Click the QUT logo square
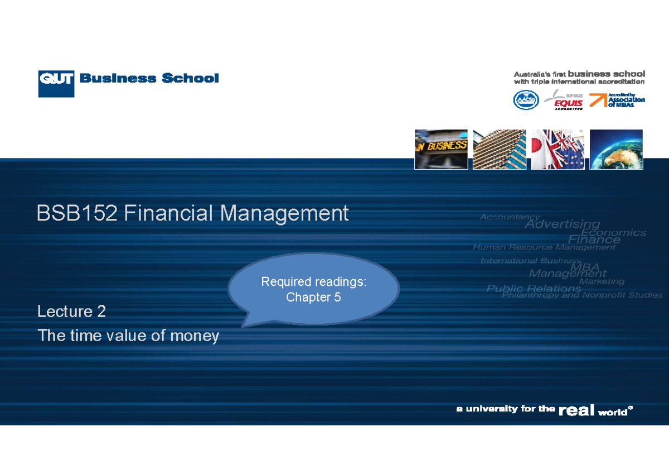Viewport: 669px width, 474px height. [56, 84]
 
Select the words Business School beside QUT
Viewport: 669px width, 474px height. [149, 78]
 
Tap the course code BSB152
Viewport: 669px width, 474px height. [77, 213]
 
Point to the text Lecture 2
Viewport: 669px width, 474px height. [71, 311]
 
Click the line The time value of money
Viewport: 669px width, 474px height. [128, 336]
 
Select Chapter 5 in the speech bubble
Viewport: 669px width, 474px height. [313, 298]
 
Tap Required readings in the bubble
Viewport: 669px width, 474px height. [314, 283]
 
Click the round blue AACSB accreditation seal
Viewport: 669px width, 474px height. [526, 100]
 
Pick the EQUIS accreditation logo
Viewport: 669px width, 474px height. [567, 100]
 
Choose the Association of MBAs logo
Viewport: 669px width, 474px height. [617, 100]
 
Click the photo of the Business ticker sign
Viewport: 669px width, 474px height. [441, 149]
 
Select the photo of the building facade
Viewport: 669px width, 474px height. [500, 149]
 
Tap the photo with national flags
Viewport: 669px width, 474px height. [557, 149]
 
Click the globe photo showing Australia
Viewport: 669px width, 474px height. [616, 149]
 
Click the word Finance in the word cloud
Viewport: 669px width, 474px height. [594, 240]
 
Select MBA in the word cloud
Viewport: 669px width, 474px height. [584, 267]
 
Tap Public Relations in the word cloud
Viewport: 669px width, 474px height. [534, 289]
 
